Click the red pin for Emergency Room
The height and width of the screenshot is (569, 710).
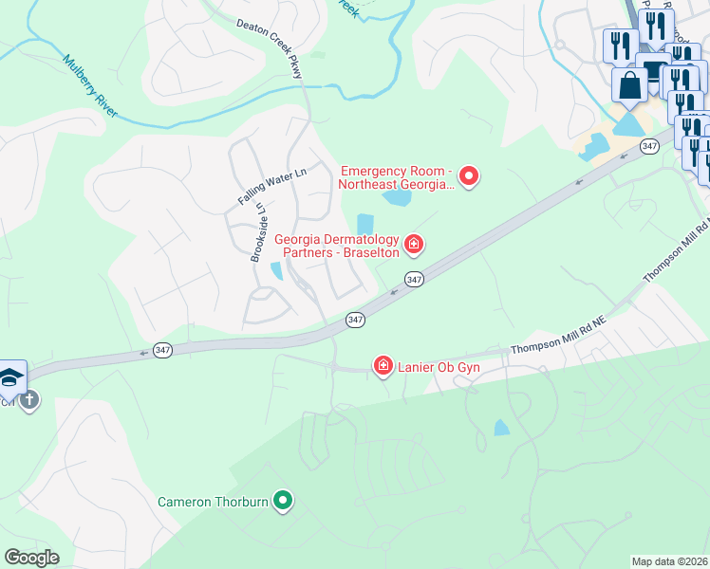pyautogui.click(x=468, y=175)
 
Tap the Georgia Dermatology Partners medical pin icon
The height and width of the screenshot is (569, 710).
pyautogui.click(x=414, y=246)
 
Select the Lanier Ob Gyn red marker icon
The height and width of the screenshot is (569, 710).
pyautogui.click(x=383, y=366)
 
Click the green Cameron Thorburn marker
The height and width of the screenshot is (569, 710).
pyautogui.click(x=282, y=500)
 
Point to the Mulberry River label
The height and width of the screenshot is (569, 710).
pyautogui.click(x=90, y=86)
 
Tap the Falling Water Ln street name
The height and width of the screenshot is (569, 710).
pyautogui.click(x=273, y=187)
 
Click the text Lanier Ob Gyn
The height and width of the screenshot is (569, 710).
pyautogui.click(x=439, y=368)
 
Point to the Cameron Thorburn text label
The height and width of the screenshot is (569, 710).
pyautogui.click(x=214, y=501)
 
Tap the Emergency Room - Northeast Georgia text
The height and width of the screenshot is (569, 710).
pyautogui.click(x=397, y=177)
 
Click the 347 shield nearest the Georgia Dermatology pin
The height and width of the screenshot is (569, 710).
pyautogui.click(x=414, y=280)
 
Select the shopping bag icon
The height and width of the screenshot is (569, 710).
pyautogui.click(x=629, y=85)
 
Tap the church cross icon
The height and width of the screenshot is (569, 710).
pyautogui.click(x=28, y=399)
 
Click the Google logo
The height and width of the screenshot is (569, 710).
pyautogui.click(x=31, y=558)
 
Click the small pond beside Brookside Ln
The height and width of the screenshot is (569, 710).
pyautogui.click(x=276, y=271)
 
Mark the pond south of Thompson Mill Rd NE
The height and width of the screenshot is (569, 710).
pyautogui.click(x=501, y=428)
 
